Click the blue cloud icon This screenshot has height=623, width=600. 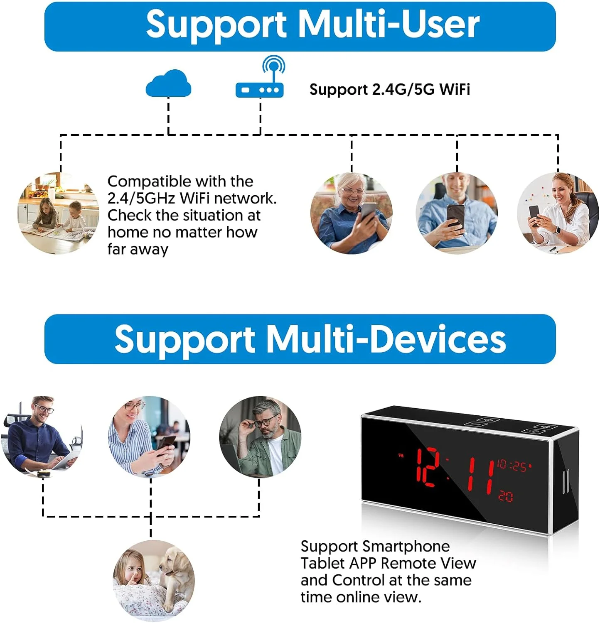(x=168, y=84)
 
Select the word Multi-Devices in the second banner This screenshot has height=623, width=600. (x=386, y=339)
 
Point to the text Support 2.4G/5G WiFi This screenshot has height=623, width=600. (x=389, y=89)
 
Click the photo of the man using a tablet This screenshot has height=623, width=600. (x=42, y=436)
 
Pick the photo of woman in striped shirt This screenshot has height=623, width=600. (x=150, y=436)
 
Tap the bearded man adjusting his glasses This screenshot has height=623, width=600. (x=260, y=436)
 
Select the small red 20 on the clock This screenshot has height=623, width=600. (x=506, y=496)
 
